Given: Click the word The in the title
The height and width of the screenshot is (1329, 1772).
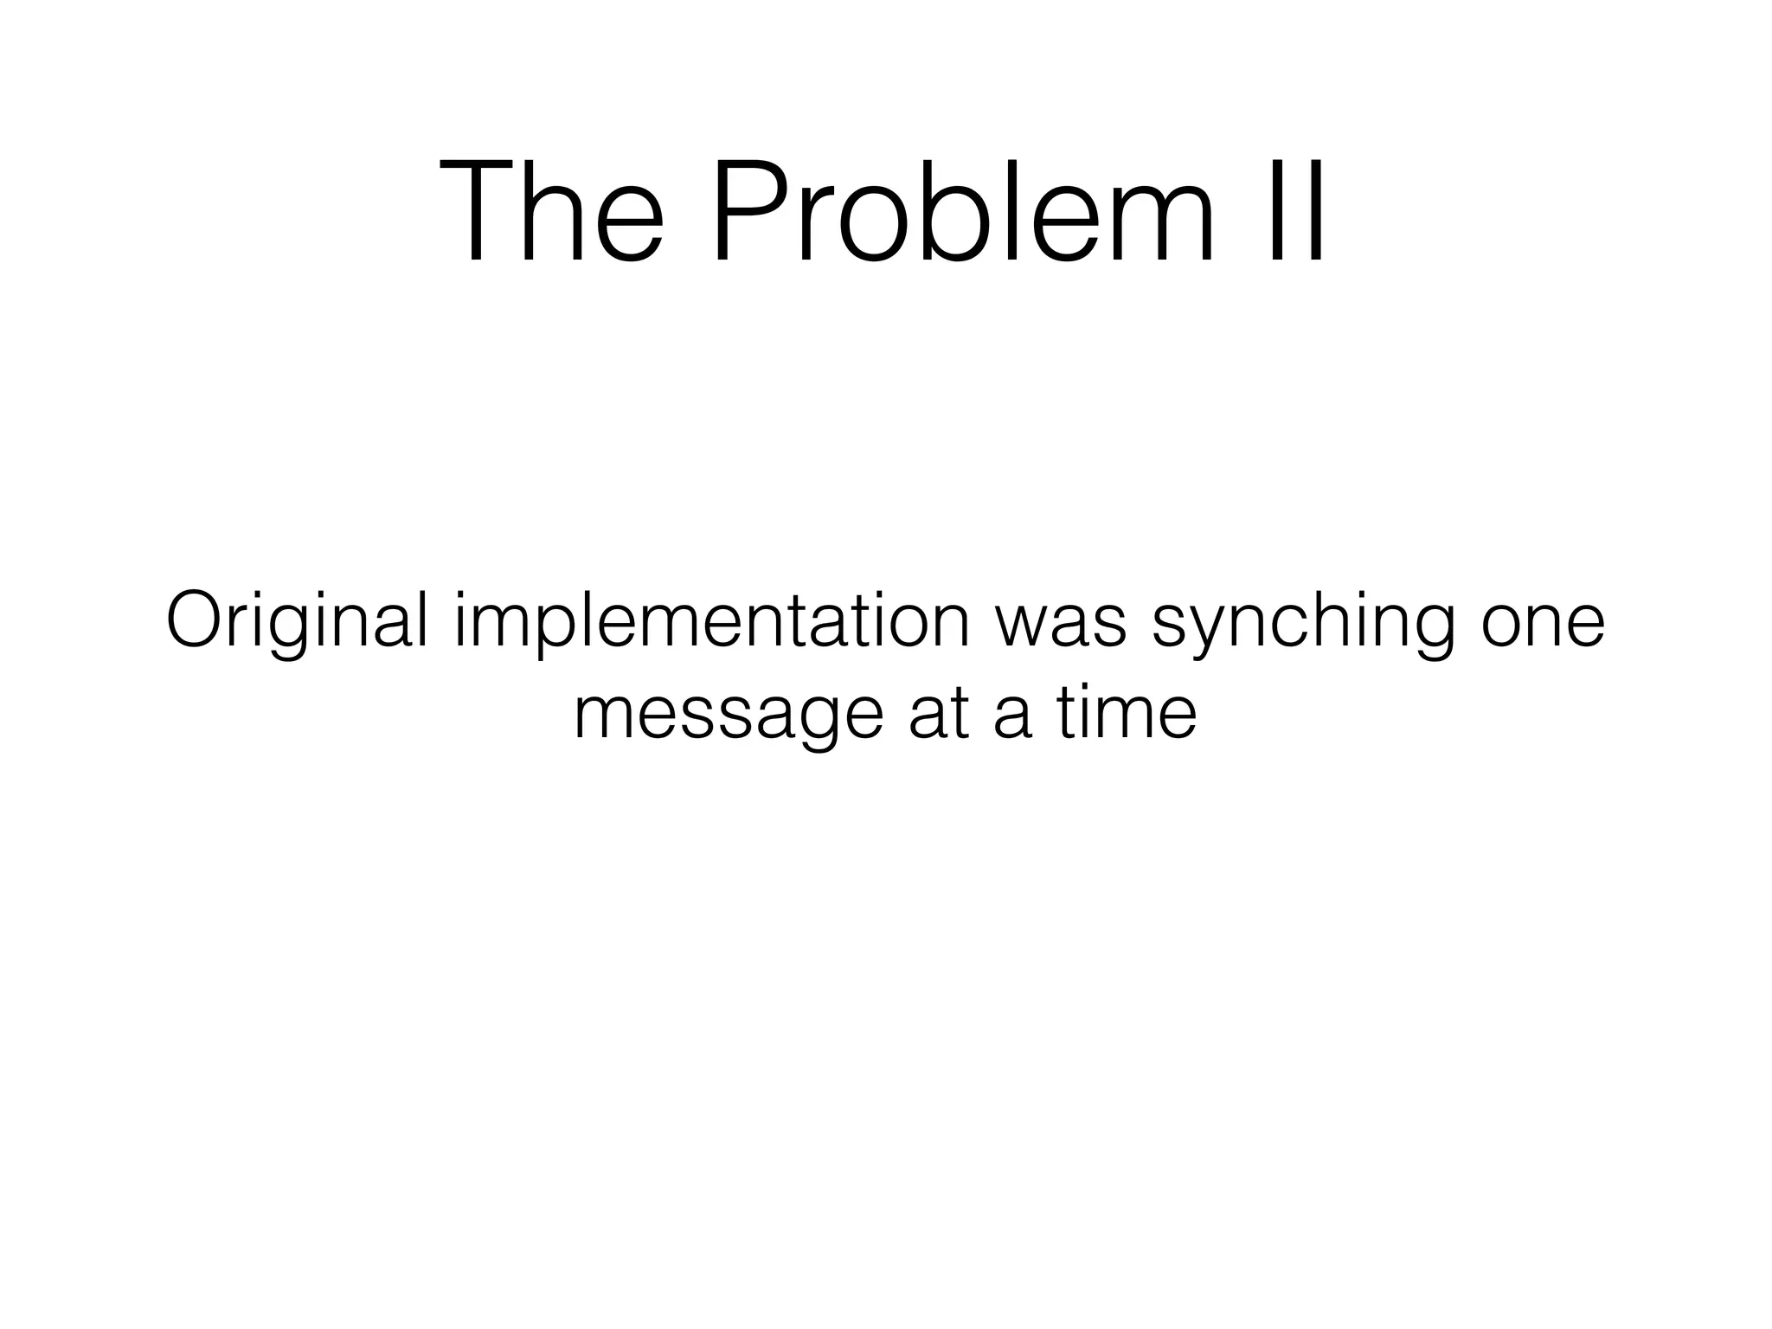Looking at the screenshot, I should tap(552, 211).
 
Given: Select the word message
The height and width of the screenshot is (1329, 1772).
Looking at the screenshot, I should tap(728, 716).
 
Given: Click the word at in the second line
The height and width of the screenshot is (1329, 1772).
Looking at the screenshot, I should tap(939, 715).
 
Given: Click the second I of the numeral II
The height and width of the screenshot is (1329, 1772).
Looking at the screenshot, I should tap(1313, 211).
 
